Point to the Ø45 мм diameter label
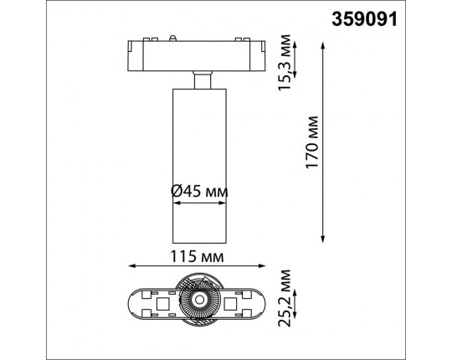tap(200, 192)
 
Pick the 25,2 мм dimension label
tap(287, 299)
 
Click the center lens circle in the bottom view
tap(200, 300)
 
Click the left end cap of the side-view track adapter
tap(136, 55)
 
